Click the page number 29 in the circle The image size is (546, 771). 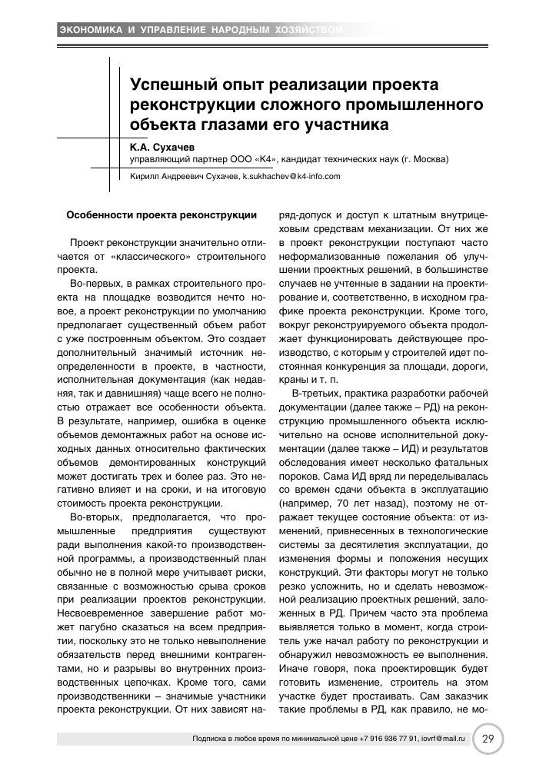487,739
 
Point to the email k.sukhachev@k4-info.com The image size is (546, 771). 291,176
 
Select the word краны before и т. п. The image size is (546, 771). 293,380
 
